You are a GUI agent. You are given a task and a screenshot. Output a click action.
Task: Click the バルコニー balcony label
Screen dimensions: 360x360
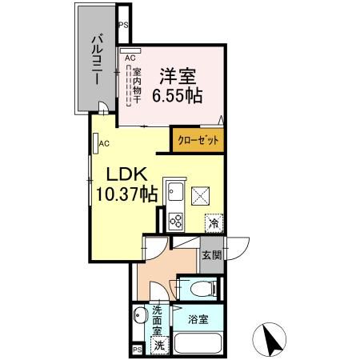[x=98, y=60]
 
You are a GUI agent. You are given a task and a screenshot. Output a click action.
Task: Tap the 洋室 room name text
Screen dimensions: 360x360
[x=178, y=77]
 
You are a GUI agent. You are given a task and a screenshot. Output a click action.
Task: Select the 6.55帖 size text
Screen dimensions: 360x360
[x=178, y=95]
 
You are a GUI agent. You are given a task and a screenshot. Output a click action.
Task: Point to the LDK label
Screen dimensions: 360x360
[x=126, y=174]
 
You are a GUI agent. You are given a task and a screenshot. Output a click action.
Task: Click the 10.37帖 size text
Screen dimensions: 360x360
[x=126, y=194]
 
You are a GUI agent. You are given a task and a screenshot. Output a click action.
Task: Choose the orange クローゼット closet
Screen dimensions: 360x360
[x=198, y=140]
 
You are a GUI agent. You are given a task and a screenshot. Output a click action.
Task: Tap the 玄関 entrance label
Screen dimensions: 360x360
[x=212, y=255]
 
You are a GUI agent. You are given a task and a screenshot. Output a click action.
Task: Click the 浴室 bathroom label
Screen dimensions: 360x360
[x=198, y=319]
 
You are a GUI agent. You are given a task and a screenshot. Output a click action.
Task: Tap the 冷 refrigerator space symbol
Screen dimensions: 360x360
[x=214, y=222]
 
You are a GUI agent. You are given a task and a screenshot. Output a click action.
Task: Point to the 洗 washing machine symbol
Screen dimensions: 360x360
[x=159, y=346]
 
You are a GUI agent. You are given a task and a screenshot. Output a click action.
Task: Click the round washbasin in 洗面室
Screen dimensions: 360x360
[x=140, y=315]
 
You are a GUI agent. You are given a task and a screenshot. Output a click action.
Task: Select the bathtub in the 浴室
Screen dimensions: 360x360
[x=198, y=343]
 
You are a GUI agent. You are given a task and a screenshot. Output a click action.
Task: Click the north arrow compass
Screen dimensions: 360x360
[x=270, y=339]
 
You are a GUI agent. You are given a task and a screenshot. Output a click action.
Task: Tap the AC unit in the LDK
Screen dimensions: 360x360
[x=95, y=143]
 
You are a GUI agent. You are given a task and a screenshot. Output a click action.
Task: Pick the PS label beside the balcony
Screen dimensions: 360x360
[x=123, y=25]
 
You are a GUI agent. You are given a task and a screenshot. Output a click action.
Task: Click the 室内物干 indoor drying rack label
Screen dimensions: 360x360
[x=137, y=86]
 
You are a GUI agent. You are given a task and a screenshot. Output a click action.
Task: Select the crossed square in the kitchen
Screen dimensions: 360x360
[x=200, y=196]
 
